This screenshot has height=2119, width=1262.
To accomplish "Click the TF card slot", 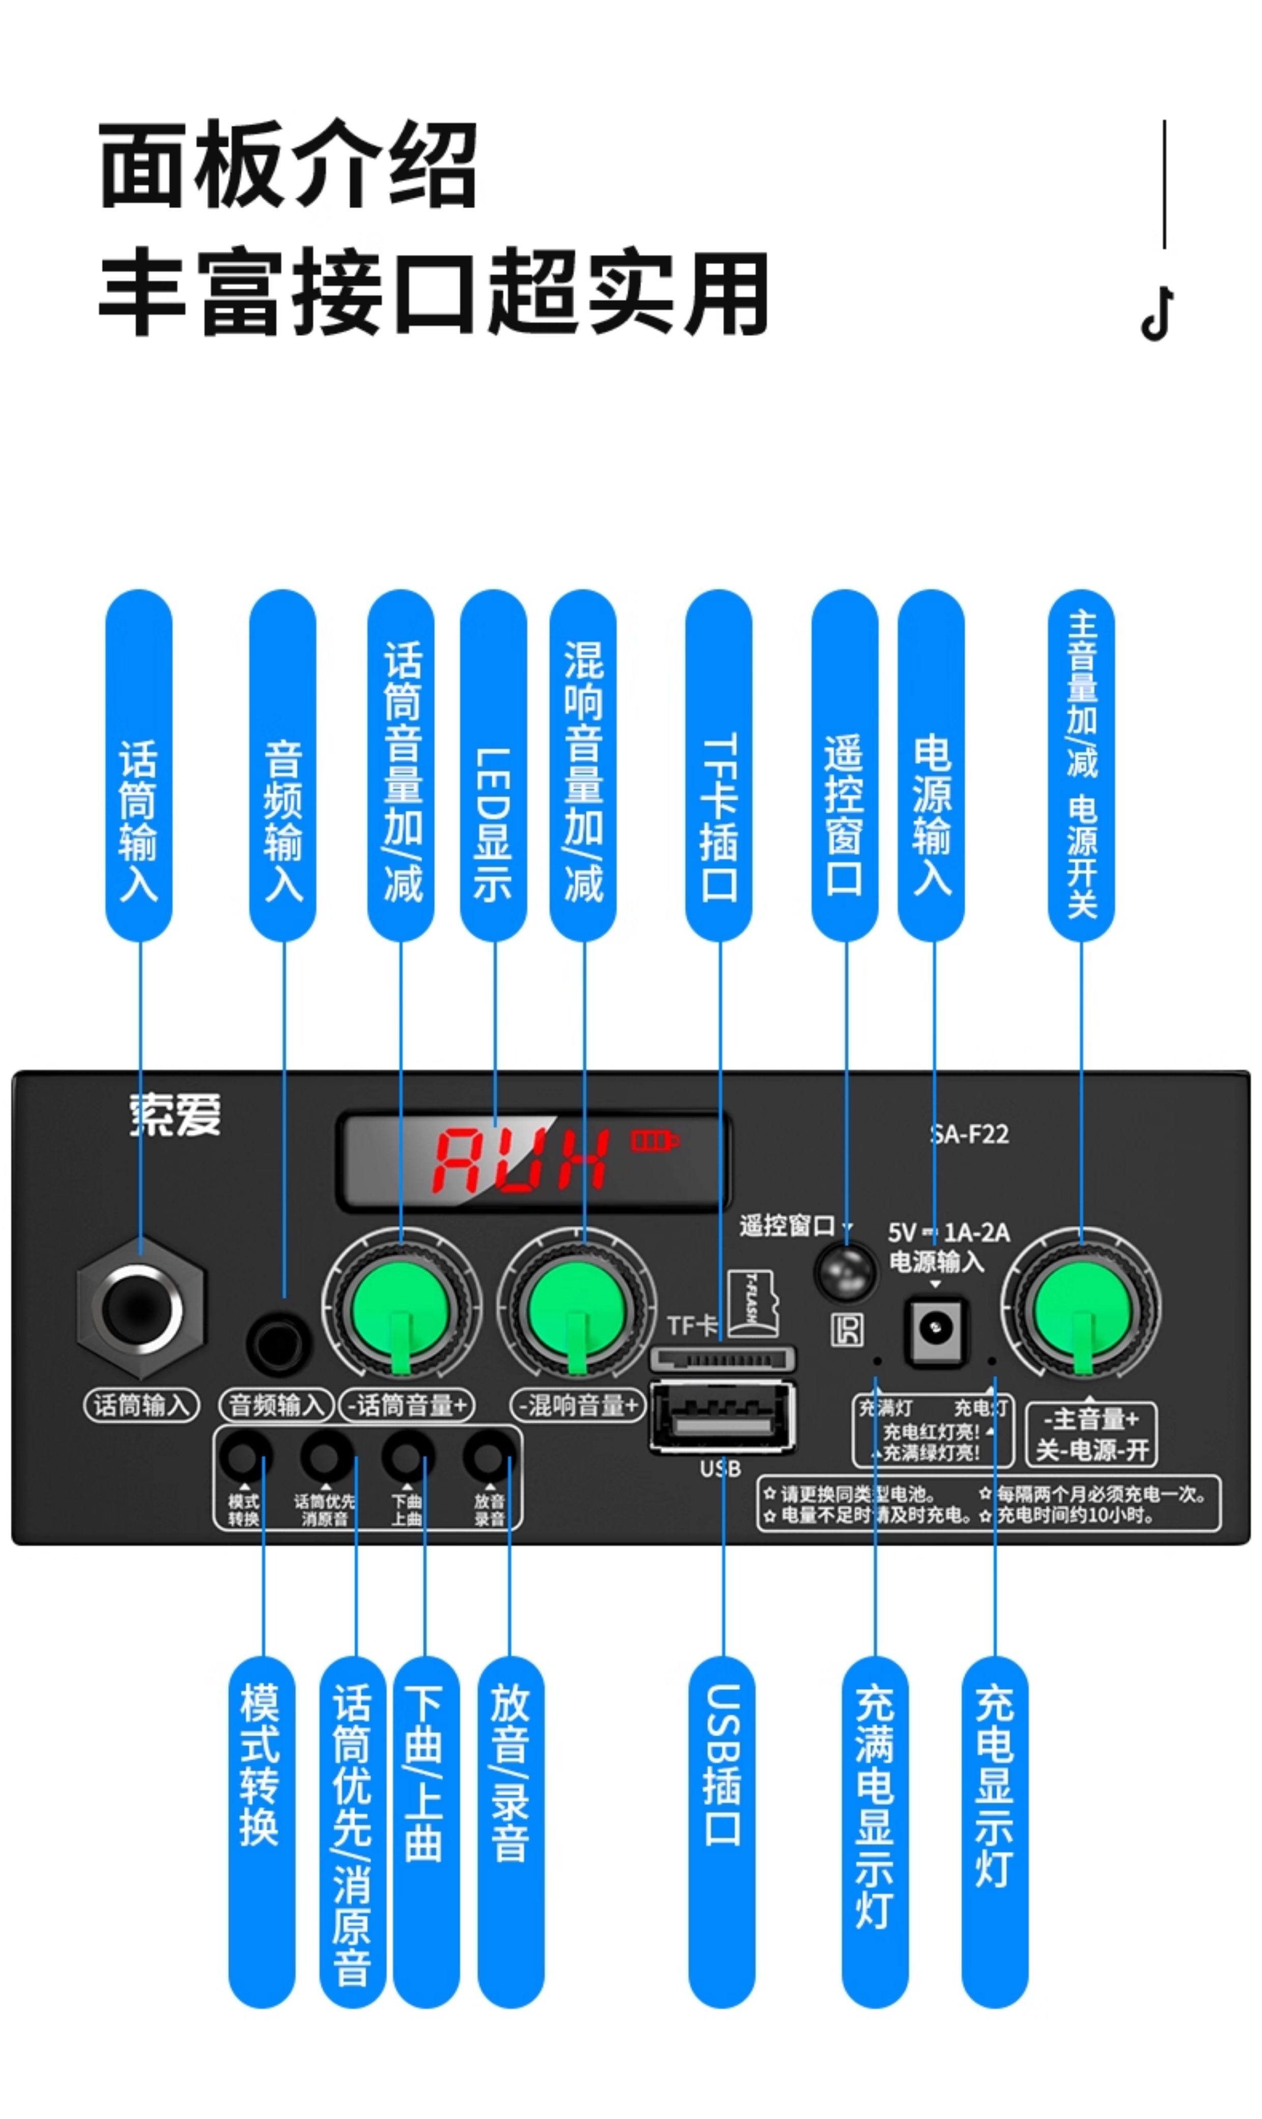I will pos(723,1359).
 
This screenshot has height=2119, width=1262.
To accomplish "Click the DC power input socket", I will pos(935,1327).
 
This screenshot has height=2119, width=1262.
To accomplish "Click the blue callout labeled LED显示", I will pos(493,765).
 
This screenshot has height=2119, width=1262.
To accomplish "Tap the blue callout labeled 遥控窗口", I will pos(844,765).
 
